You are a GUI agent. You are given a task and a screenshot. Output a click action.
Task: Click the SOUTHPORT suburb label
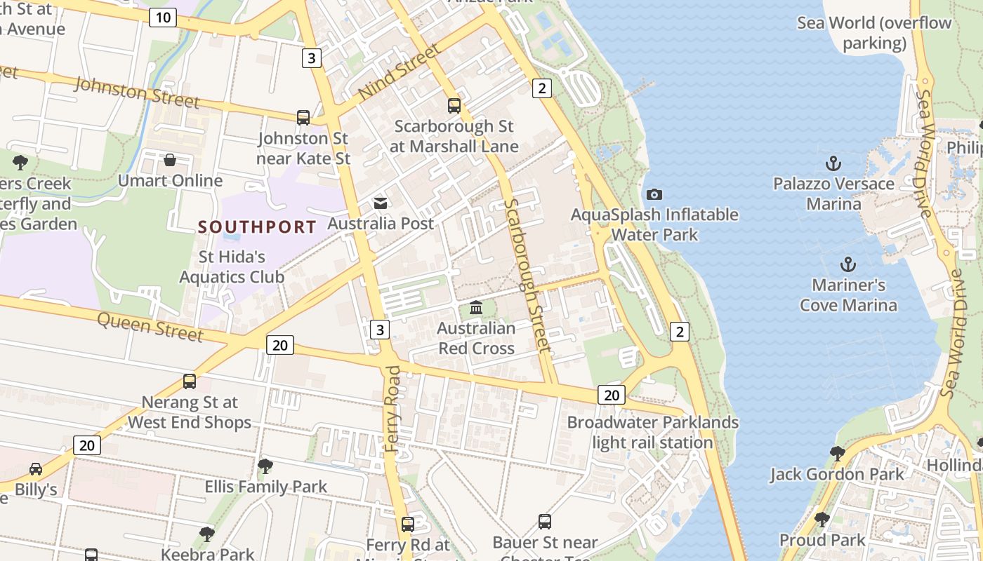point(257,227)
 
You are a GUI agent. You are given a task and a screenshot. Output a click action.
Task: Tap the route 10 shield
point(162,18)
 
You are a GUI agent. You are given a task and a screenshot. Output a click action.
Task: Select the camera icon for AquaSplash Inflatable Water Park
point(654,194)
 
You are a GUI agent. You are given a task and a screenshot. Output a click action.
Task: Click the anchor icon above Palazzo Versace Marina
point(833,164)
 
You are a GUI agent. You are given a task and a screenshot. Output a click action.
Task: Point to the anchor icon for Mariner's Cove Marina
point(848,265)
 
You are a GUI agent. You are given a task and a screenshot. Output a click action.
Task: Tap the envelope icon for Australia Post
point(381,203)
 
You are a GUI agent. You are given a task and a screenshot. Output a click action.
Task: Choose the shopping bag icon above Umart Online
point(170,161)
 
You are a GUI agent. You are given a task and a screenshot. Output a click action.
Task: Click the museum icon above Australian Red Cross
point(476,308)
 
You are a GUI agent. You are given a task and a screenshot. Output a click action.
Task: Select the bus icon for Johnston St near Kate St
point(303,118)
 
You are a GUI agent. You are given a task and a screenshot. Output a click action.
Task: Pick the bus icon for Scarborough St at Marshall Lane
point(454,106)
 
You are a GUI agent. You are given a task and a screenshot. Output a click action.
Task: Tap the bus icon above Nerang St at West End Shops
point(190,381)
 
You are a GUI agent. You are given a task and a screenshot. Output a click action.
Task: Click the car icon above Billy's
point(36,468)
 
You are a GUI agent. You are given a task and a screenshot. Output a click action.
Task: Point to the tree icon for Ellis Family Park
point(265,466)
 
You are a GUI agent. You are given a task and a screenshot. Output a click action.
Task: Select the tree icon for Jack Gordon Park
point(837,454)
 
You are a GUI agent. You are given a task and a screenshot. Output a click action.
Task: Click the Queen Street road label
point(150,326)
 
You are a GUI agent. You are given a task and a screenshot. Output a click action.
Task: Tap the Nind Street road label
point(399,72)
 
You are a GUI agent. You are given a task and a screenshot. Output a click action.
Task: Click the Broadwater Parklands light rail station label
point(652,433)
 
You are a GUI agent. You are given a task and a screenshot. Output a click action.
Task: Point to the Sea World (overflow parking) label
point(874,33)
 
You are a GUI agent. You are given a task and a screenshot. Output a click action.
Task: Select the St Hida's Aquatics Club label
point(232,266)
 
